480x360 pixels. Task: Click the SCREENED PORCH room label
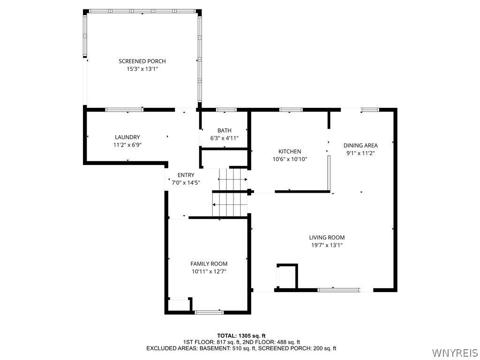pos(142,61)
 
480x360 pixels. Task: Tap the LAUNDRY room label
pos(127,137)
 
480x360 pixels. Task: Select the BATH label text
pos(225,130)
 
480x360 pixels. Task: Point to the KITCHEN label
pos(290,151)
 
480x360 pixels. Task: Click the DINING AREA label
pos(360,145)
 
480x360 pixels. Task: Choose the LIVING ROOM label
pos(327,237)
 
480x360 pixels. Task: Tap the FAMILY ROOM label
pos(209,263)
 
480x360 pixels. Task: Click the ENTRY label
pos(186,175)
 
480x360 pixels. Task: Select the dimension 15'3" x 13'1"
pos(142,69)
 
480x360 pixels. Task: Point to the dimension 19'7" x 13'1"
pos(327,245)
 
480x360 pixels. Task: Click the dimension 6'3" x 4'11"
pos(225,138)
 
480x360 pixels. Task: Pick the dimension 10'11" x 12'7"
pos(209,271)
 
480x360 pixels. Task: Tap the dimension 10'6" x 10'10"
pos(290,159)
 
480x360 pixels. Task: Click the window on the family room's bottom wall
pos(210,312)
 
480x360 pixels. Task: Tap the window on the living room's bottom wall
pos(338,290)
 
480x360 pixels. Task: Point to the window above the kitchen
pos(291,110)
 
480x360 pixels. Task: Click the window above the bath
pos(226,110)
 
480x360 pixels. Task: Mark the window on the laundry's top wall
pos(124,110)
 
